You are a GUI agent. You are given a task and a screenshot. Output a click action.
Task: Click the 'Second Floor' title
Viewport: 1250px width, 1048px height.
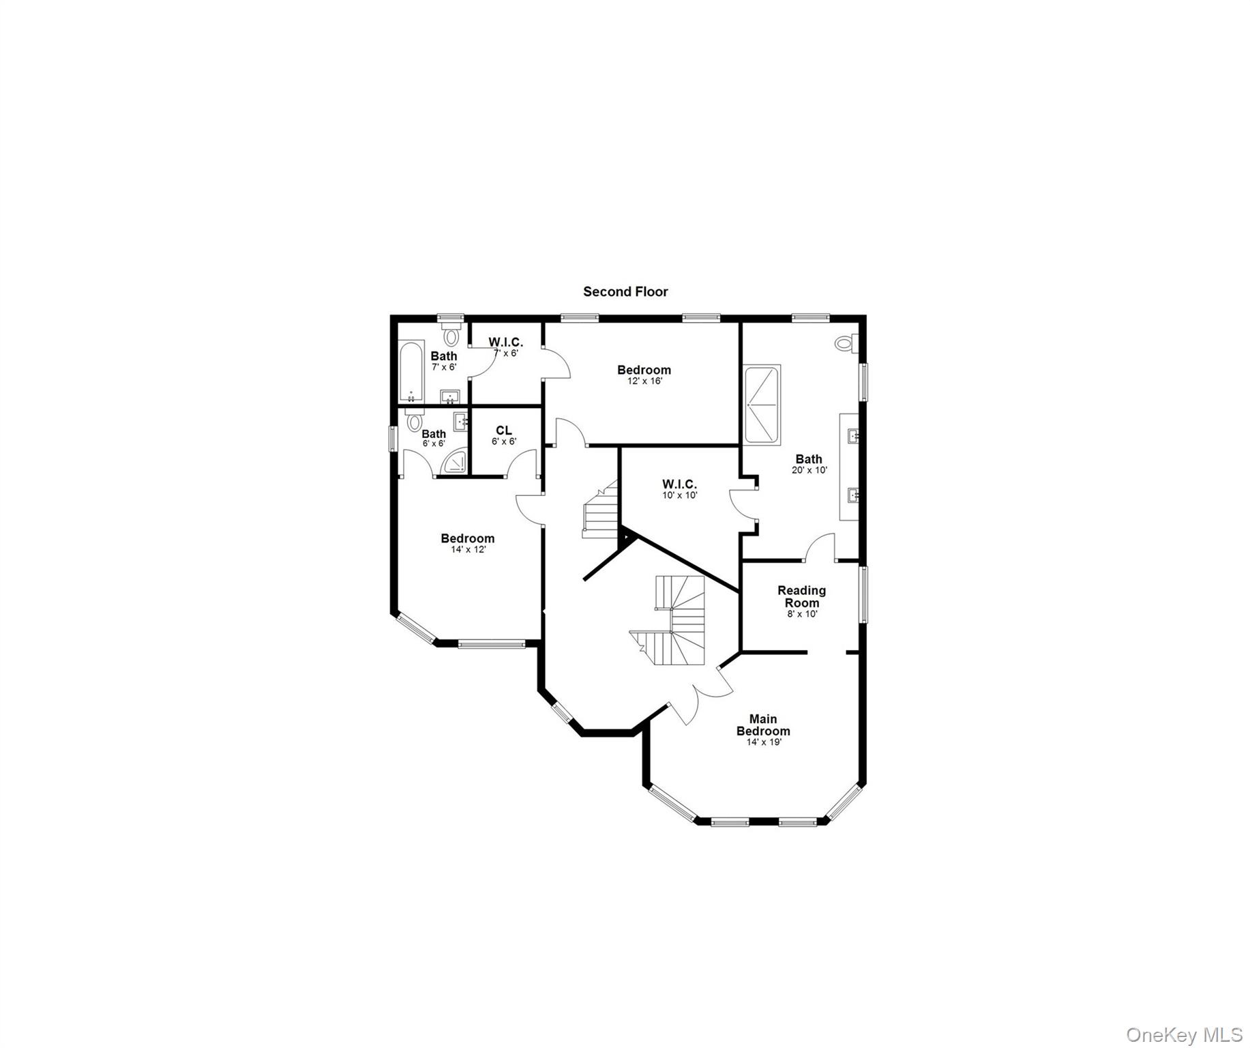coord(625,291)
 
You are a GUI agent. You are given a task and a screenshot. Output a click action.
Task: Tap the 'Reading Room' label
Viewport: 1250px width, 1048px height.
coord(801,596)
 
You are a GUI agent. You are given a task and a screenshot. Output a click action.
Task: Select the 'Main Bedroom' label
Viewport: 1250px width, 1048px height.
coord(762,725)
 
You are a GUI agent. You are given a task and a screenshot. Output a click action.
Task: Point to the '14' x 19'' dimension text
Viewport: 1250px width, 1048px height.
coord(763,742)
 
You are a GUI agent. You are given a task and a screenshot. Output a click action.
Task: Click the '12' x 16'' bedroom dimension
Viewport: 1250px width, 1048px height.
coord(644,381)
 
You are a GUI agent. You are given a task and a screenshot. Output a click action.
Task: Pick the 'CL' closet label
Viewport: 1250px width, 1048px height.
coord(503,431)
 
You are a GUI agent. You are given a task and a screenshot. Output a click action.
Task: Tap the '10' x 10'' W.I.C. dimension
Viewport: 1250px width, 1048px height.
coord(679,495)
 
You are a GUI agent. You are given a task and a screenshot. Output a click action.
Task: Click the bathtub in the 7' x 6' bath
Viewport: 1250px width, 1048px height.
coord(411,371)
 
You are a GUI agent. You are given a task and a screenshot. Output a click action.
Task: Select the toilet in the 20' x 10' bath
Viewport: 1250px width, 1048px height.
coord(845,343)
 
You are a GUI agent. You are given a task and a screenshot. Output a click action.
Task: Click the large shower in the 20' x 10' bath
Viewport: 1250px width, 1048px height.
coord(762,405)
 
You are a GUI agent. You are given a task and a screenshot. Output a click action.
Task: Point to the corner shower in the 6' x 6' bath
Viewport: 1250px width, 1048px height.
coord(455,462)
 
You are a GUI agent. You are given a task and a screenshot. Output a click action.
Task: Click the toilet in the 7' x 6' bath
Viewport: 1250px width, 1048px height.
coord(450,335)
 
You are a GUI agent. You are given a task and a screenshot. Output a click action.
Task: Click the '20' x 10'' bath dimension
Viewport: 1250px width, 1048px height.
coord(809,470)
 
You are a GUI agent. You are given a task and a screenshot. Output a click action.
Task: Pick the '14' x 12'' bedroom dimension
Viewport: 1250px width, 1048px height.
coord(468,549)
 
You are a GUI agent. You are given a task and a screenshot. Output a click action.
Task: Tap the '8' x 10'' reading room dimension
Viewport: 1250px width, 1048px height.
coord(802,613)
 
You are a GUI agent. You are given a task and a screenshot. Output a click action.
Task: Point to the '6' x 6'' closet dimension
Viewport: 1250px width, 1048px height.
coord(504,441)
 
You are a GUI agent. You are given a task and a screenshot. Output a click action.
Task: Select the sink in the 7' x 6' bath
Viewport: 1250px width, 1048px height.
coord(449,396)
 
